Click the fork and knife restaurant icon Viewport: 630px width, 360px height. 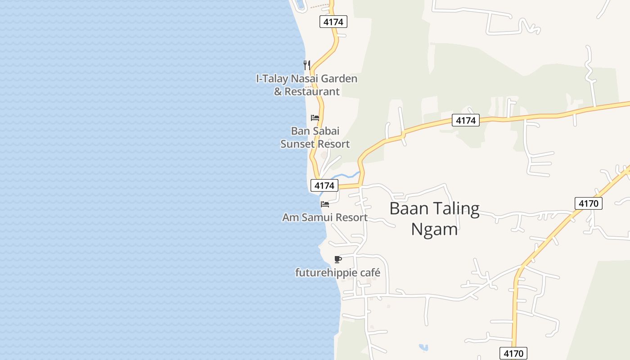point(307,65)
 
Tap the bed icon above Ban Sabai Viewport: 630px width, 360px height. point(315,118)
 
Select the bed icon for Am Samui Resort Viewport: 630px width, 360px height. point(325,204)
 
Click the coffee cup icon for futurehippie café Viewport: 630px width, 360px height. point(338,259)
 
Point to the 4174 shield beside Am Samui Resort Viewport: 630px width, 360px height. point(324,185)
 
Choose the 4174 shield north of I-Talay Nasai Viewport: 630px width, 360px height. point(333,22)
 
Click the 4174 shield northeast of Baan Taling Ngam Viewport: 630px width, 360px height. point(466,120)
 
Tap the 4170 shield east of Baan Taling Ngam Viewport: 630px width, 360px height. point(589,203)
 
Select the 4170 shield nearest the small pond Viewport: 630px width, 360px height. point(513,353)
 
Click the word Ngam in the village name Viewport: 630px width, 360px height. point(434,229)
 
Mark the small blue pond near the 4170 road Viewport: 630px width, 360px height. point(423,347)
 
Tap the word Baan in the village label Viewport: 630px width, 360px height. point(406,209)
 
